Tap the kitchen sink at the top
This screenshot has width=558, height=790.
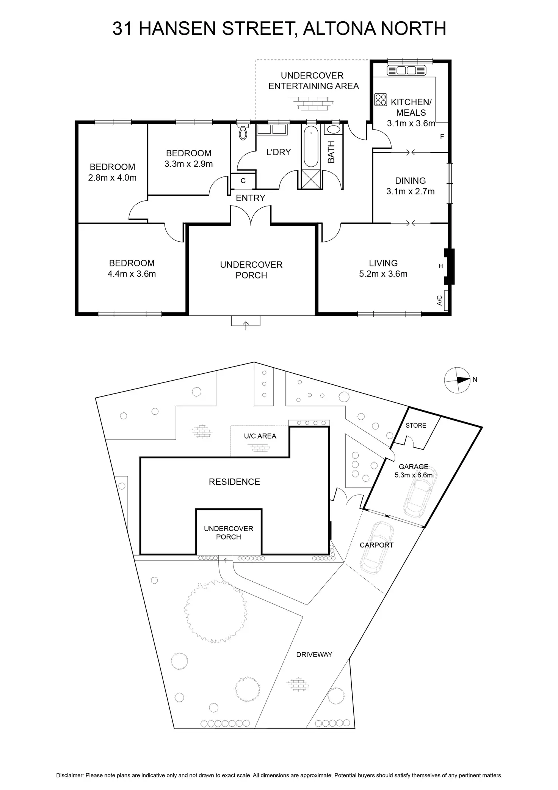(x=406, y=70)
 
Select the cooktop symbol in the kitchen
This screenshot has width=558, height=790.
(x=380, y=99)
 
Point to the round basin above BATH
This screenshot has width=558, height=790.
(x=333, y=129)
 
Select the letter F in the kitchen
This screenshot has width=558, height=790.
(x=442, y=137)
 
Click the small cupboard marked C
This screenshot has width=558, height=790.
(x=243, y=181)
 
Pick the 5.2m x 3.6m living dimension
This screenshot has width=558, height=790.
(x=383, y=274)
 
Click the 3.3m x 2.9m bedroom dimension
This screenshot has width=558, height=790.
(x=188, y=164)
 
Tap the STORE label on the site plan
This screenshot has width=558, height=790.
(x=416, y=425)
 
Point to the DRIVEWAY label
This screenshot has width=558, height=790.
(x=314, y=654)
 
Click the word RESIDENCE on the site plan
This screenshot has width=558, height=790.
(x=234, y=482)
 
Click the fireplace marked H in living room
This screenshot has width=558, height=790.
(x=449, y=266)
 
